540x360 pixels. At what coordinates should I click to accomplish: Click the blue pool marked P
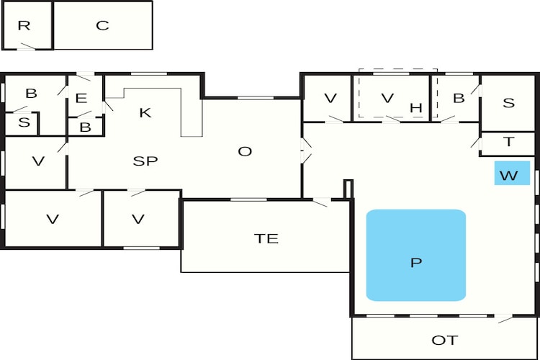click(416, 256)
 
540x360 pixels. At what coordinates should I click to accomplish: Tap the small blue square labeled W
click(512, 173)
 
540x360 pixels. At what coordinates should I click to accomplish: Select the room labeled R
click(27, 25)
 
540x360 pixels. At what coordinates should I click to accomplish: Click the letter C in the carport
click(102, 25)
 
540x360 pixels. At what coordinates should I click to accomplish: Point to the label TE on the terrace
click(266, 238)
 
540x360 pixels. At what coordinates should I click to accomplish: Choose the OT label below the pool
click(445, 341)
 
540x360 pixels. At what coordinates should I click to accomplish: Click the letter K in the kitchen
click(145, 112)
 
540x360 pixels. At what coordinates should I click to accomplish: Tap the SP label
click(145, 161)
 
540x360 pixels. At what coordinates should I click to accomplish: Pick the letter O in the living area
click(245, 151)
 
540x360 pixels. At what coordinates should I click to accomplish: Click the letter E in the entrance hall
click(81, 99)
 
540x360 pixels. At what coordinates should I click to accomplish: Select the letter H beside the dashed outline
click(416, 108)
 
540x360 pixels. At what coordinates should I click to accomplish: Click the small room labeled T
click(508, 144)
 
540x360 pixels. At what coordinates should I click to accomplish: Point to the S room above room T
click(508, 103)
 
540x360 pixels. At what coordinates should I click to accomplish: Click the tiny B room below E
click(85, 127)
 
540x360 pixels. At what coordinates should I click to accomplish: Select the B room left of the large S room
click(455, 98)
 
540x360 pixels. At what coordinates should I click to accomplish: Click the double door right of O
click(306, 150)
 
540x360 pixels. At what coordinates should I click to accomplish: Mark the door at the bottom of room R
click(27, 47)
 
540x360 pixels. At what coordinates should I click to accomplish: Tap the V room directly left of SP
click(35, 163)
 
